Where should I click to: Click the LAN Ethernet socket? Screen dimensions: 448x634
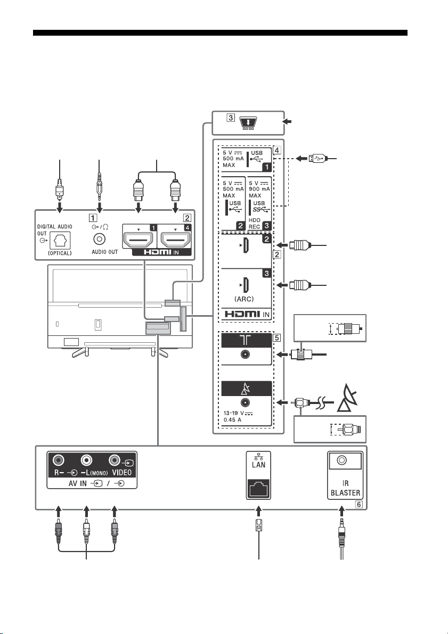click(x=258, y=489)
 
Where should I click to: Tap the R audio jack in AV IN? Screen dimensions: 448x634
click(x=59, y=460)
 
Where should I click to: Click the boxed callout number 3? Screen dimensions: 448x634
click(x=231, y=118)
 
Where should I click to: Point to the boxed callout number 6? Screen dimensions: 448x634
click(x=359, y=505)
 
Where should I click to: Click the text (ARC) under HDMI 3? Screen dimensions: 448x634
click(x=244, y=299)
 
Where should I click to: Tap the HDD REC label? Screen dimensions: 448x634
click(x=255, y=224)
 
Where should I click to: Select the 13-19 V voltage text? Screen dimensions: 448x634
click(x=239, y=413)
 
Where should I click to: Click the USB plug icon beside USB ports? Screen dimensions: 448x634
click(x=316, y=158)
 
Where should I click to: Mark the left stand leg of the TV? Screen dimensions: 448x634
click(x=80, y=352)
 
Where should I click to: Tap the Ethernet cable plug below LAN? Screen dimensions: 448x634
click(x=258, y=525)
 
